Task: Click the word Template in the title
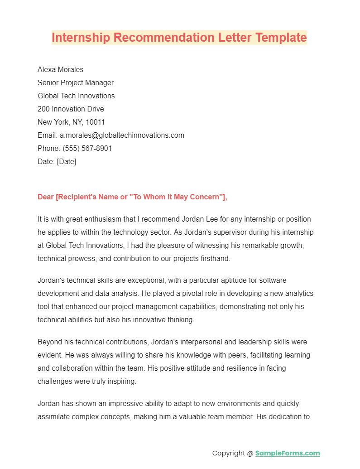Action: click(281, 37)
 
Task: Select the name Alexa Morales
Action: click(60, 69)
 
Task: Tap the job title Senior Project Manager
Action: click(76, 82)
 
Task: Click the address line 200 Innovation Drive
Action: click(71, 109)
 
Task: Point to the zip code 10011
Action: click(95, 122)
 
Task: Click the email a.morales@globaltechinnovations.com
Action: click(122, 135)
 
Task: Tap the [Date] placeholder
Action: click(67, 161)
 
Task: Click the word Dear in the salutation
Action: click(46, 197)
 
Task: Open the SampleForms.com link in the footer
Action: click(288, 453)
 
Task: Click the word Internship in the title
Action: click(81, 37)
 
